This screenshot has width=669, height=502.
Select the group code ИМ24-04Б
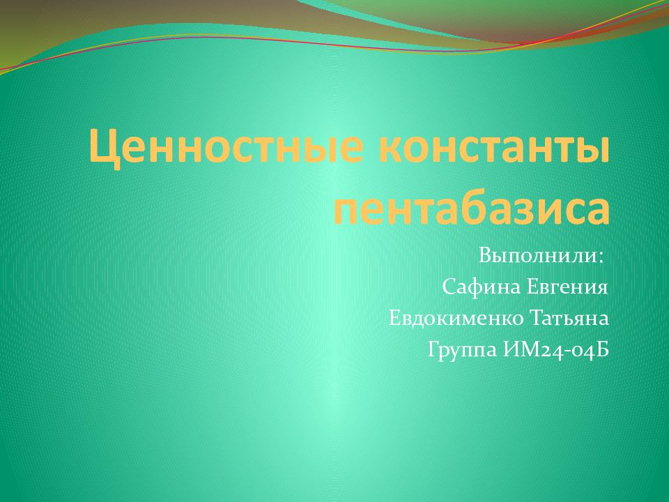(x=555, y=350)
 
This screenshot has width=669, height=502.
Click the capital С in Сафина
(x=448, y=287)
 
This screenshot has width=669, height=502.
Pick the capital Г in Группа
(x=433, y=350)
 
